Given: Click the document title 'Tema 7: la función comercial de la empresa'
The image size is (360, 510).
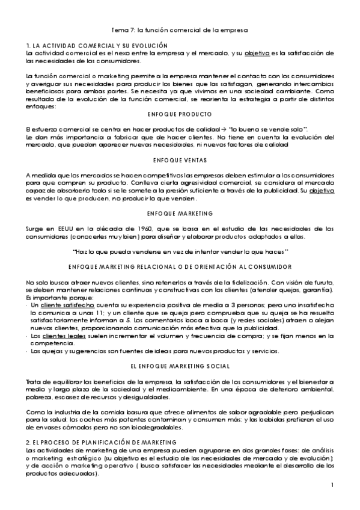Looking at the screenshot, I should point(180,29).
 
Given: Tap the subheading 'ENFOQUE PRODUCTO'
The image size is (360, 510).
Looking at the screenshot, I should point(180,114).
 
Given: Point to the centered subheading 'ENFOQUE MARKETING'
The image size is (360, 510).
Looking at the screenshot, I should point(180,213).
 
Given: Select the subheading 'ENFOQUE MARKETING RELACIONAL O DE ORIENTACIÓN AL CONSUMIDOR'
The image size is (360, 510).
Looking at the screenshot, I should point(180,267).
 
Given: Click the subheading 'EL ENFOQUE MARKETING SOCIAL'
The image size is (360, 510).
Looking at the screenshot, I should point(180,366).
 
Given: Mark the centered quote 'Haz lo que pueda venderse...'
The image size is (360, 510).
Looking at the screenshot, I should point(180,251).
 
